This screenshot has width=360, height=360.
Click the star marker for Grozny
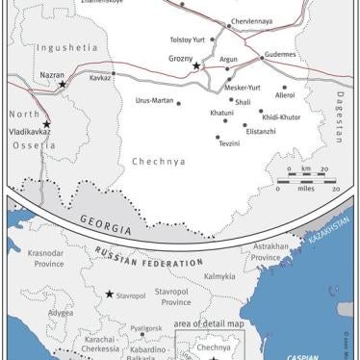tap(196, 66)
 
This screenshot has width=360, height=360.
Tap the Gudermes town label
tap(280, 56)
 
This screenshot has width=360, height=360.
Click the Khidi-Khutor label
tap(282, 117)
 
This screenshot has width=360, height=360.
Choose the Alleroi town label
tap(285, 96)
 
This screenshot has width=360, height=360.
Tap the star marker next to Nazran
tap(64, 85)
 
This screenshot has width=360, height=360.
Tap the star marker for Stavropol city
tap(110, 294)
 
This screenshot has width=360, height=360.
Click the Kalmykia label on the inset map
tap(220, 277)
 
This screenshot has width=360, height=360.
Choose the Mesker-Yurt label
tap(243, 87)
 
